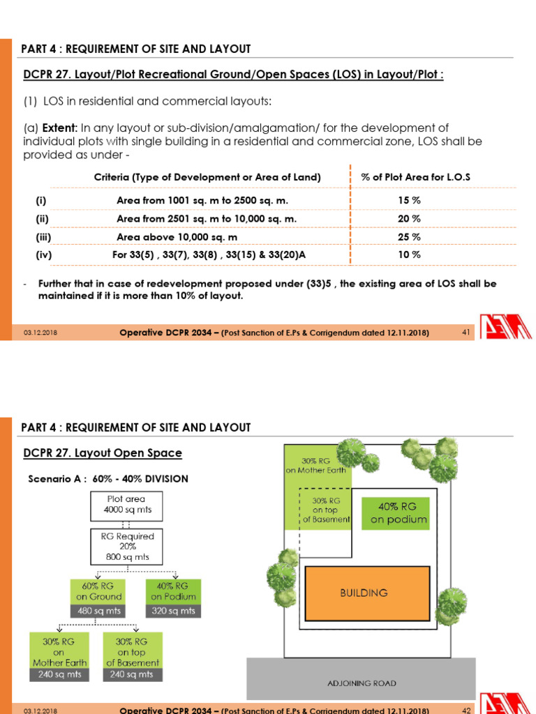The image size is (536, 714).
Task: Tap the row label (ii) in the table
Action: pyautogui.click(x=42, y=219)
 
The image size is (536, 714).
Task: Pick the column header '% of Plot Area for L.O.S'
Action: pyautogui.click(x=416, y=177)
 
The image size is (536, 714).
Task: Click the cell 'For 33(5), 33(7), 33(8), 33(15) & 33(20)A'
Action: pyautogui.click(x=209, y=255)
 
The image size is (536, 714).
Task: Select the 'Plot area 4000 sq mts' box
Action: pyautogui.click(x=126, y=504)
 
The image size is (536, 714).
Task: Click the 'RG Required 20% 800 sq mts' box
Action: pyautogui.click(x=126, y=547)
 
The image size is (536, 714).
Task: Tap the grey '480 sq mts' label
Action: pyautogui.click(x=96, y=612)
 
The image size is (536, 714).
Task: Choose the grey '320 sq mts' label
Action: pyautogui.click(x=174, y=612)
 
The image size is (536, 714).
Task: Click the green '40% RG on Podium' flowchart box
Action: pyautogui.click(x=174, y=591)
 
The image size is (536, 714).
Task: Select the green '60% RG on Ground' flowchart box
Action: pyautogui.click(x=96, y=591)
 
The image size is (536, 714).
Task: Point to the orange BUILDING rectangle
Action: pyautogui.click(x=367, y=593)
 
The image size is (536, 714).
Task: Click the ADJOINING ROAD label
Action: pyautogui.click(x=362, y=683)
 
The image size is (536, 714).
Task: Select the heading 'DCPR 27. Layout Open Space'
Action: pyautogui.click(x=103, y=453)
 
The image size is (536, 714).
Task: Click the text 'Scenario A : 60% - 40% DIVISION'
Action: pyautogui.click(x=107, y=479)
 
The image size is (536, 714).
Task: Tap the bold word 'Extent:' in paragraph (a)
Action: pyautogui.click(x=59, y=128)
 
